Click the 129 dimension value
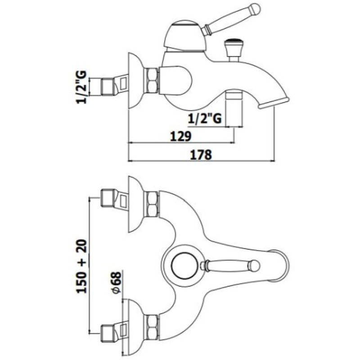tap(181, 136)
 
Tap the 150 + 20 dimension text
tap(82, 266)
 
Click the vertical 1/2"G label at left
tap(81, 87)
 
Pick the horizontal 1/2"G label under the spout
tap(205, 119)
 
